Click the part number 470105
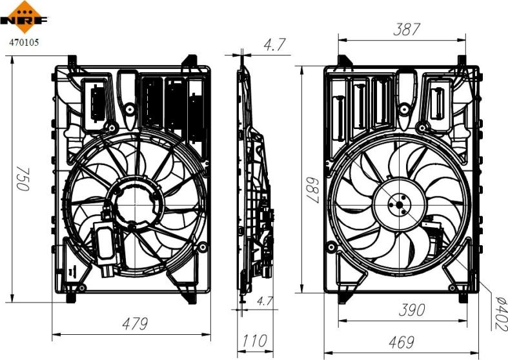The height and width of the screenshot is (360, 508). tap(23, 43)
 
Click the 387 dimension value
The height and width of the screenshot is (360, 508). tap(407, 29)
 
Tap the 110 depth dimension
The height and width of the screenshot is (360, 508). tap(254, 341)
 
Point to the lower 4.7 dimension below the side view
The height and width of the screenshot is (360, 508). tap(264, 300)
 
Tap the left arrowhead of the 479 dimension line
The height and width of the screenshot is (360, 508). tap(54, 334)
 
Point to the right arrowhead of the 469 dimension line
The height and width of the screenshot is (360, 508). tap(479, 352)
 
